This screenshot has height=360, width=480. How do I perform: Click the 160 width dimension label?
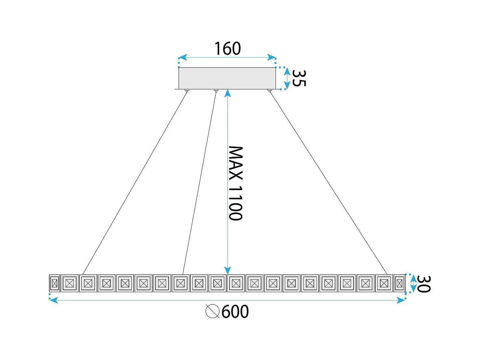(x=228, y=48)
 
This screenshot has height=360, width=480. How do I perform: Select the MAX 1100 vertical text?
(x=236, y=183)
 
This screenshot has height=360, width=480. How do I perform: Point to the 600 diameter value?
(x=235, y=311)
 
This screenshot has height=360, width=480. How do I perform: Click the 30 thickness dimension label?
(x=424, y=284)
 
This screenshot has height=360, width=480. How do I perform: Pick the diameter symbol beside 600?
(x=212, y=311)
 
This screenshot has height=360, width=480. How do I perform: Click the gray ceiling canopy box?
(x=227, y=78)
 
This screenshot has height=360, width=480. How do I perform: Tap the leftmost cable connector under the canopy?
(x=187, y=91)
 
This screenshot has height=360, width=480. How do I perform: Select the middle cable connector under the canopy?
(x=216, y=91)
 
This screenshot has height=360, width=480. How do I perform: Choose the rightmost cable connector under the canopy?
(x=270, y=91)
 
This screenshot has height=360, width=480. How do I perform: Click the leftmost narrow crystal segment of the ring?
(x=54, y=283)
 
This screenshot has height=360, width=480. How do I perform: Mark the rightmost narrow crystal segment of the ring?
(x=399, y=283)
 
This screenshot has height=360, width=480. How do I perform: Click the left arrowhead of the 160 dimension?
(x=183, y=58)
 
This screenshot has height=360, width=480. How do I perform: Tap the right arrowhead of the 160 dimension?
(x=272, y=58)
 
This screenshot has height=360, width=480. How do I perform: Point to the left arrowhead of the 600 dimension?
(x=54, y=300)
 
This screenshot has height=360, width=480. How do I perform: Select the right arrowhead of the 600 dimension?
(x=401, y=300)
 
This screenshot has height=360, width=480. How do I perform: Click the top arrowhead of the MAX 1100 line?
(x=228, y=93)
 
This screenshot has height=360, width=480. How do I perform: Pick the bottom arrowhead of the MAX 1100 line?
(x=228, y=270)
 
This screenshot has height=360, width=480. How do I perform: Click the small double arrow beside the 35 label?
(x=287, y=78)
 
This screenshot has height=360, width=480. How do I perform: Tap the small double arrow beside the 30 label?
(x=413, y=284)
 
